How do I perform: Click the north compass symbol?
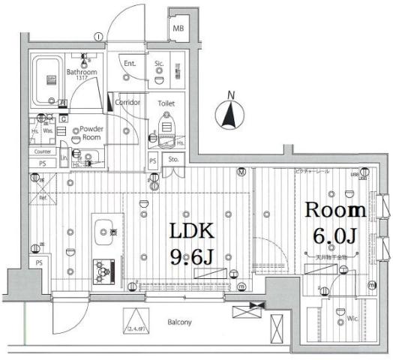click(230, 115)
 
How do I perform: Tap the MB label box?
click(178, 28)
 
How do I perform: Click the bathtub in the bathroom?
click(51, 76)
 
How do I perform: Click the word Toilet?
click(166, 103)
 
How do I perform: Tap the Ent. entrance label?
click(130, 64)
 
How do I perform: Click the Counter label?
click(42, 151)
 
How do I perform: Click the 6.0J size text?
click(334, 237)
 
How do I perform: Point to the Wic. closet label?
click(351, 319)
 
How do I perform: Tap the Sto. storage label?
click(173, 159)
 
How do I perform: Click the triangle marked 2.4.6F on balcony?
click(136, 321)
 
